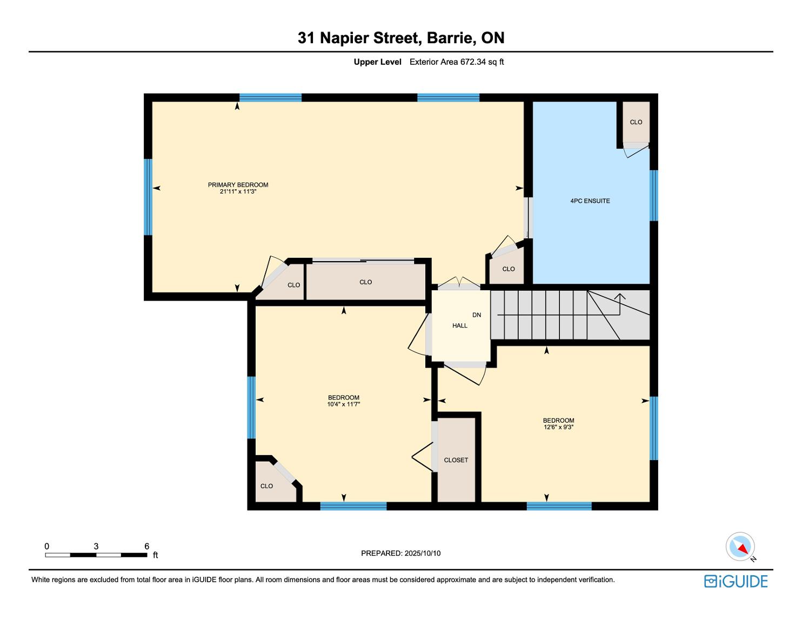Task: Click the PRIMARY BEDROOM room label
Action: click(238, 185)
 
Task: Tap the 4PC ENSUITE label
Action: click(590, 201)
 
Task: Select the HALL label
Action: click(460, 325)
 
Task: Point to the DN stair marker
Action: click(477, 315)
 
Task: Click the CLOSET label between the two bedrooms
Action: click(456, 460)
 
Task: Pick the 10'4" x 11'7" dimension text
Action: click(344, 404)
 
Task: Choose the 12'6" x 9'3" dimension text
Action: click(558, 427)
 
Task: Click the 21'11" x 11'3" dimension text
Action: click(238, 191)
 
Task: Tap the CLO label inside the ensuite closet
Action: click(636, 122)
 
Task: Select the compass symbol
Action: click(740, 546)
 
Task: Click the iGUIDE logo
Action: click(736, 581)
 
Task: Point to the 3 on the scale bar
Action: click(96, 546)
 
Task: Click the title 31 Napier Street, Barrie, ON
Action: click(401, 38)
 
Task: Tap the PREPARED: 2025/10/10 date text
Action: click(401, 553)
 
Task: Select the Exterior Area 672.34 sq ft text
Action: click(457, 62)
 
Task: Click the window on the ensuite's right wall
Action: click(653, 196)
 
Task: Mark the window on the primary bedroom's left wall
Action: click(148, 197)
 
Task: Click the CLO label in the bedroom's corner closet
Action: click(266, 486)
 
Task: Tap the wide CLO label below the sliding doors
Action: click(365, 282)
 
